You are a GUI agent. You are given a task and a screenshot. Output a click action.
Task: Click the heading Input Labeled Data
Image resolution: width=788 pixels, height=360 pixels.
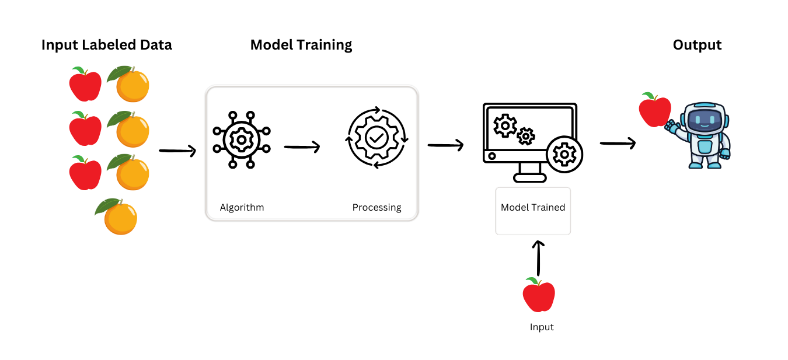tap(107, 45)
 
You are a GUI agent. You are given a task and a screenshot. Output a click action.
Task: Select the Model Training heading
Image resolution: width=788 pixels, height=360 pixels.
tap(301, 45)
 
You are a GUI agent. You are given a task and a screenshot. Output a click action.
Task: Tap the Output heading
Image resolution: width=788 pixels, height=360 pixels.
tap(697, 45)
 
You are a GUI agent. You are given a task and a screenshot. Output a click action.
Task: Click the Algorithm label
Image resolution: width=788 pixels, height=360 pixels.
tap(242, 207)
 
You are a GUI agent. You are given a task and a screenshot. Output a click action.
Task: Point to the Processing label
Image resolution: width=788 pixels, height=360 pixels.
tap(376, 207)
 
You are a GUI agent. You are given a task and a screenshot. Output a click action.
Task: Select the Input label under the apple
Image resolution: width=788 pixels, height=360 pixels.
tap(542, 327)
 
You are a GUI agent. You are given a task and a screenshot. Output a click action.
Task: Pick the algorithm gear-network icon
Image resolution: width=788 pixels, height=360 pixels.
tap(242, 139)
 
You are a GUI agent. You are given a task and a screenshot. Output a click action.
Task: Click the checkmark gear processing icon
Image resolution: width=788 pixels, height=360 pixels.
tap(376, 138)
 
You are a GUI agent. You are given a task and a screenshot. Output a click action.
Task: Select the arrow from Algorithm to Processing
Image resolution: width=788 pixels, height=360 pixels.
tap(302, 147)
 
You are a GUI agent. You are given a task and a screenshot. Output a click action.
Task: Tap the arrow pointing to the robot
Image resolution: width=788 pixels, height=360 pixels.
tap(618, 143)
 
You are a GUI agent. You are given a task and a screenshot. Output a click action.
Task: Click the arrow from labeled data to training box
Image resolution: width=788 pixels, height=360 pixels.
tap(177, 151)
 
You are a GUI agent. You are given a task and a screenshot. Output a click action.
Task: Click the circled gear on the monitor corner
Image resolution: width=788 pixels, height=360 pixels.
tap(564, 154)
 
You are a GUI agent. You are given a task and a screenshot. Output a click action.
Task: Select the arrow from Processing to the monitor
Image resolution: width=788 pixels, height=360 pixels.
tap(445, 144)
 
